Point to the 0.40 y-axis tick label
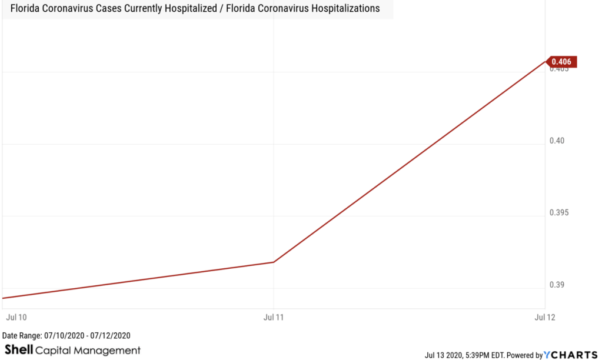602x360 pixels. tap(557, 141)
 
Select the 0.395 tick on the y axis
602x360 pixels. tap(560, 212)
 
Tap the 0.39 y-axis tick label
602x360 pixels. tap(557, 285)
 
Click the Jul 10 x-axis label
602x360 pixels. tap(16, 317)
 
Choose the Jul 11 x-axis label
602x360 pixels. tap(274, 317)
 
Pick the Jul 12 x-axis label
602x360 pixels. tap(544, 317)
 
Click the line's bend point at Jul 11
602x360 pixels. tap(274, 262)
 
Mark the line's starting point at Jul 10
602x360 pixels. tap(4, 298)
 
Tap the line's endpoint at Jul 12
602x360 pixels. tap(545, 61)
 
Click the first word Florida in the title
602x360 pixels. tap(24, 9)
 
